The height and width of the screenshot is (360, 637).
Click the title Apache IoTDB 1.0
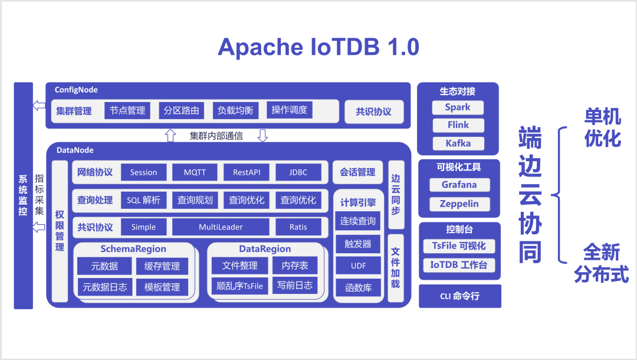[x=318, y=47]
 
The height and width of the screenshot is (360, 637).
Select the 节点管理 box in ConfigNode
[x=127, y=110]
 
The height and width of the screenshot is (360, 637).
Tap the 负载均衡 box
[x=235, y=110]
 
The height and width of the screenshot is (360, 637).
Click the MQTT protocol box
[x=195, y=172]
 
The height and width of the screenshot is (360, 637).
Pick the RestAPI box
[x=246, y=172]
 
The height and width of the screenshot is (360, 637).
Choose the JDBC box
[x=298, y=172]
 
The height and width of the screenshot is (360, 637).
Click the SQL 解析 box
[x=143, y=200]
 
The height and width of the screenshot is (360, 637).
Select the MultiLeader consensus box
[x=221, y=227]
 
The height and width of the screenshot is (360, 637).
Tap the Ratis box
[x=298, y=227]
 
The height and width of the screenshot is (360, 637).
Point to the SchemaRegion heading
[x=133, y=249]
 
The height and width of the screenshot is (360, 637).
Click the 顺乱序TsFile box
[x=239, y=286]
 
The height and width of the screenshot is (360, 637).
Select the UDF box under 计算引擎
[x=359, y=266]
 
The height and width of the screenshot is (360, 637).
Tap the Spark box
[x=458, y=107]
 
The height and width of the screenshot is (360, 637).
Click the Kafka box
[x=458, y=143]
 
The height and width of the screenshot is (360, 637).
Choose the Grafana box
[x=459, y=185]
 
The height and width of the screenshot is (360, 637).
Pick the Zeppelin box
[x=459, y=204]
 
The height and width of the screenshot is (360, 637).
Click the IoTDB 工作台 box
[x=459, y=265]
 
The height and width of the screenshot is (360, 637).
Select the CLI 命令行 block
[x=459, y=296]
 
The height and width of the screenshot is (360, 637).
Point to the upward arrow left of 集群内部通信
[x=170, y=136]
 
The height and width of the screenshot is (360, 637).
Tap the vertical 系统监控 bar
[x=23, y=195]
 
